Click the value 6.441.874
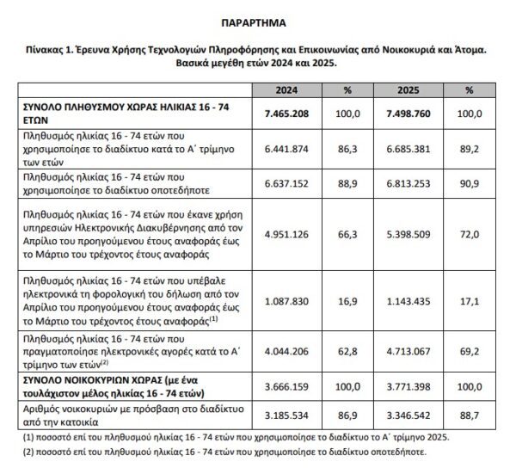coord(287,149)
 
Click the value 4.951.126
coord(287,232)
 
